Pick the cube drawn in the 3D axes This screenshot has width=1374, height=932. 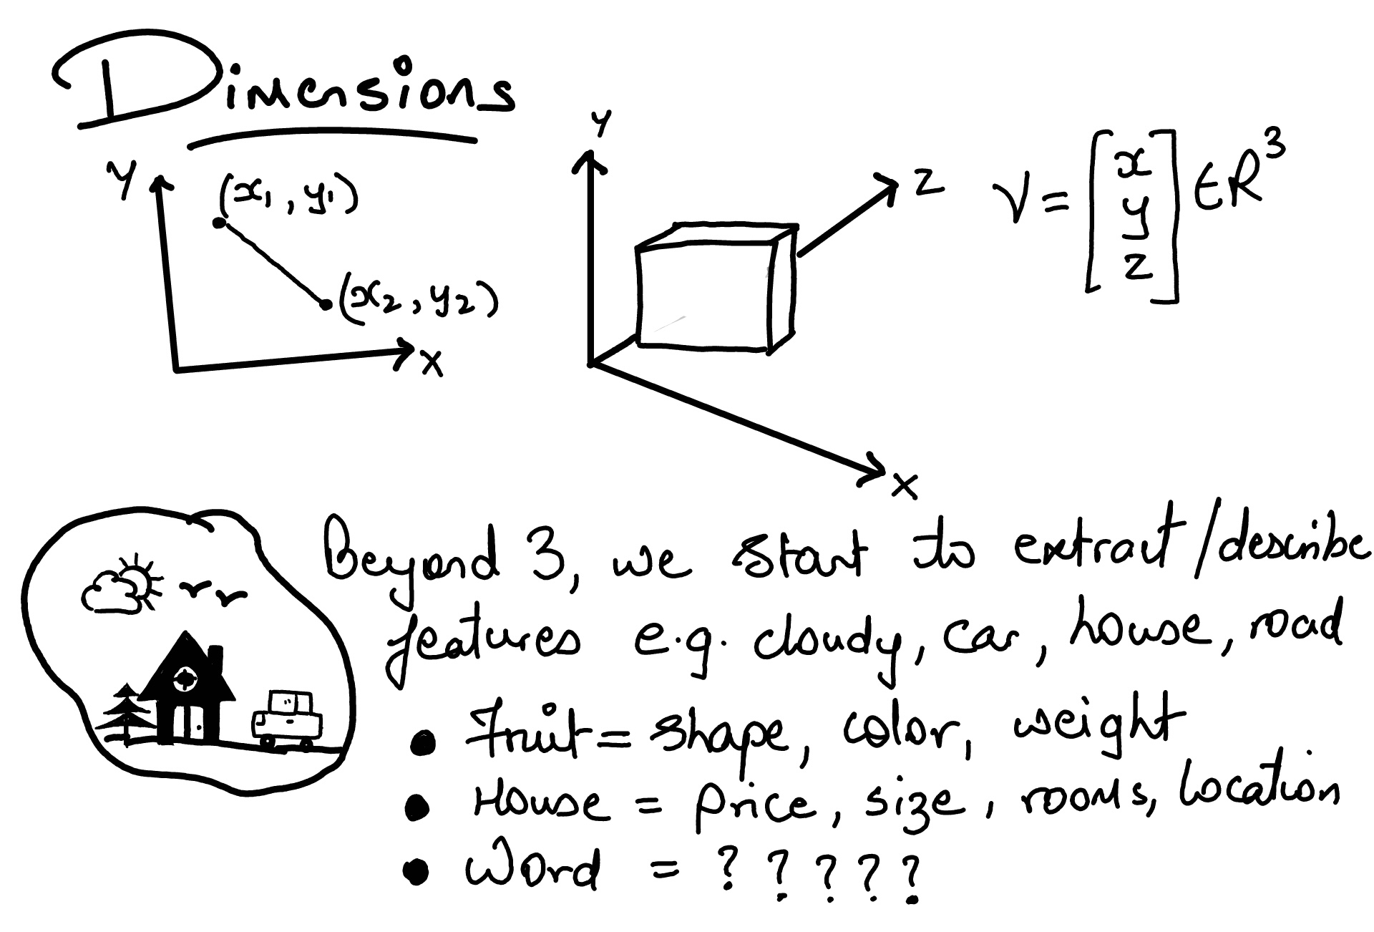[x=716, y=288]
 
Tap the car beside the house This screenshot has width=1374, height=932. [x=286, y=720]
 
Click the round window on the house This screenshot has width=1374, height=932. [x=187, y=677]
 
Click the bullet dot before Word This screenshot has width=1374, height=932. [x=416, y=871]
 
